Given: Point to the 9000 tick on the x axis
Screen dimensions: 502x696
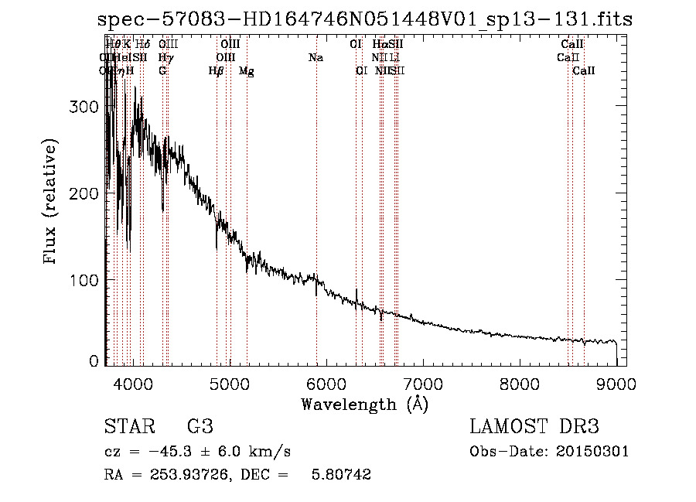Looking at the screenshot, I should pos(616,383).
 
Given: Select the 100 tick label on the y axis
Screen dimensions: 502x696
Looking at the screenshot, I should pos(84,279).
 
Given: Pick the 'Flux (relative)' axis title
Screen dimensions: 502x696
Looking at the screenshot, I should pos(51,203).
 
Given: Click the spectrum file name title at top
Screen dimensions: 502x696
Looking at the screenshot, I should pos(366,20).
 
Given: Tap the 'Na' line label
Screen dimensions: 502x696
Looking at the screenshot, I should pos(316,57).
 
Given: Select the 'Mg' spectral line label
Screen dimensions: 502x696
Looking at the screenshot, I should pos(246,71).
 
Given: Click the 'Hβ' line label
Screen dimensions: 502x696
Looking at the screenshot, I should pos(217,71).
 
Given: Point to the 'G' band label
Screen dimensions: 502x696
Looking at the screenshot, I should pos(162,71).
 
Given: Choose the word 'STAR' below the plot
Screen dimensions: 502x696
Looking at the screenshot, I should pos(128,427).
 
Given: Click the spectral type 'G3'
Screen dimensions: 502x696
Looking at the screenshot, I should pos(200,427).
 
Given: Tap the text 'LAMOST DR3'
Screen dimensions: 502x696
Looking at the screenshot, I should pos(534,427).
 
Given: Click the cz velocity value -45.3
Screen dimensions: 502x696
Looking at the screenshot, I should pos(171,451).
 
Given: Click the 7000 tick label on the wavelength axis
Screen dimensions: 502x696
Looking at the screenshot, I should pos(423,383).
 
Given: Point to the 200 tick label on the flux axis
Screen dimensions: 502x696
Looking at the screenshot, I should pos(84,193).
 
